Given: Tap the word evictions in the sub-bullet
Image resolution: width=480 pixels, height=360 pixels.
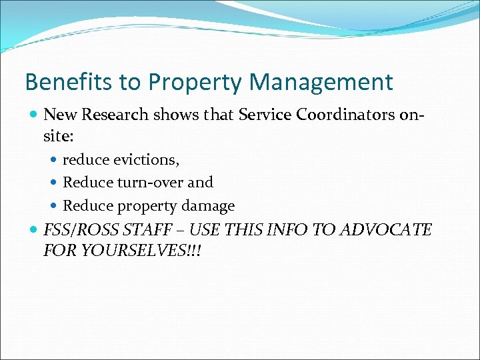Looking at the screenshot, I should point(146,160).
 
